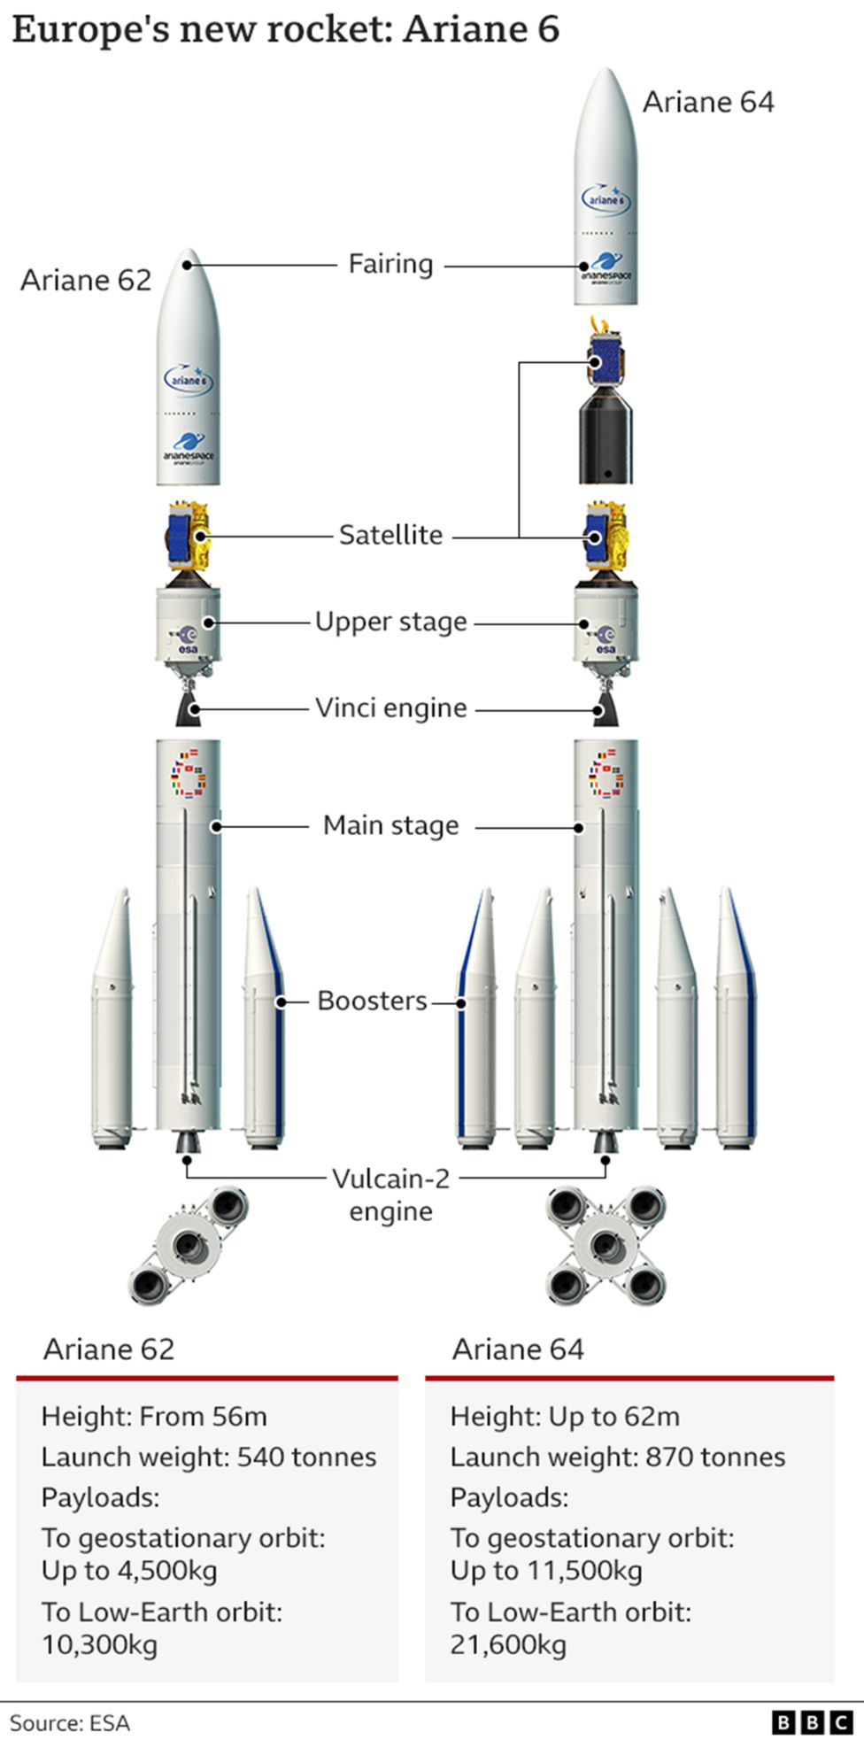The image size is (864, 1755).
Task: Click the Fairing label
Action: [x=390, y=264]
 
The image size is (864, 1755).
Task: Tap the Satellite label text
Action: [x=390, y=535]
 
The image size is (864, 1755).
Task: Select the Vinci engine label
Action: [x=390, y=707]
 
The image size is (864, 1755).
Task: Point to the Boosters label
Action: [x=372, y=1001]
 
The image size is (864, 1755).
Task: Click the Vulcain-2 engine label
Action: [x=390, y=1194]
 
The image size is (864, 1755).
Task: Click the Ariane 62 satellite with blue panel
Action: [x=186, y=537]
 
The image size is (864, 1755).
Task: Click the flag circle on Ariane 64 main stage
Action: [x=606, y=774]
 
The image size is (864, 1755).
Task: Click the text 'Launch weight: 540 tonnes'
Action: [x=209, y=1457]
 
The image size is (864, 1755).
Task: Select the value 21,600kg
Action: [x=508, y=1644]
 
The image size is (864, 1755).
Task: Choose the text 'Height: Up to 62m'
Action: [x=565, y=1416]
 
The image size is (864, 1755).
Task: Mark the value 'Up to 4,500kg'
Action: [x=129, y=1570]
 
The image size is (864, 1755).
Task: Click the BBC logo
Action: [x=811, y=1722]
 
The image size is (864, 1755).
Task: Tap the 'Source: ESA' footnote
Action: [x=70, y=1723]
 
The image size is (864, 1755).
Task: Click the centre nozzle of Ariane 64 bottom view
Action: [x=606, y=1244]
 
